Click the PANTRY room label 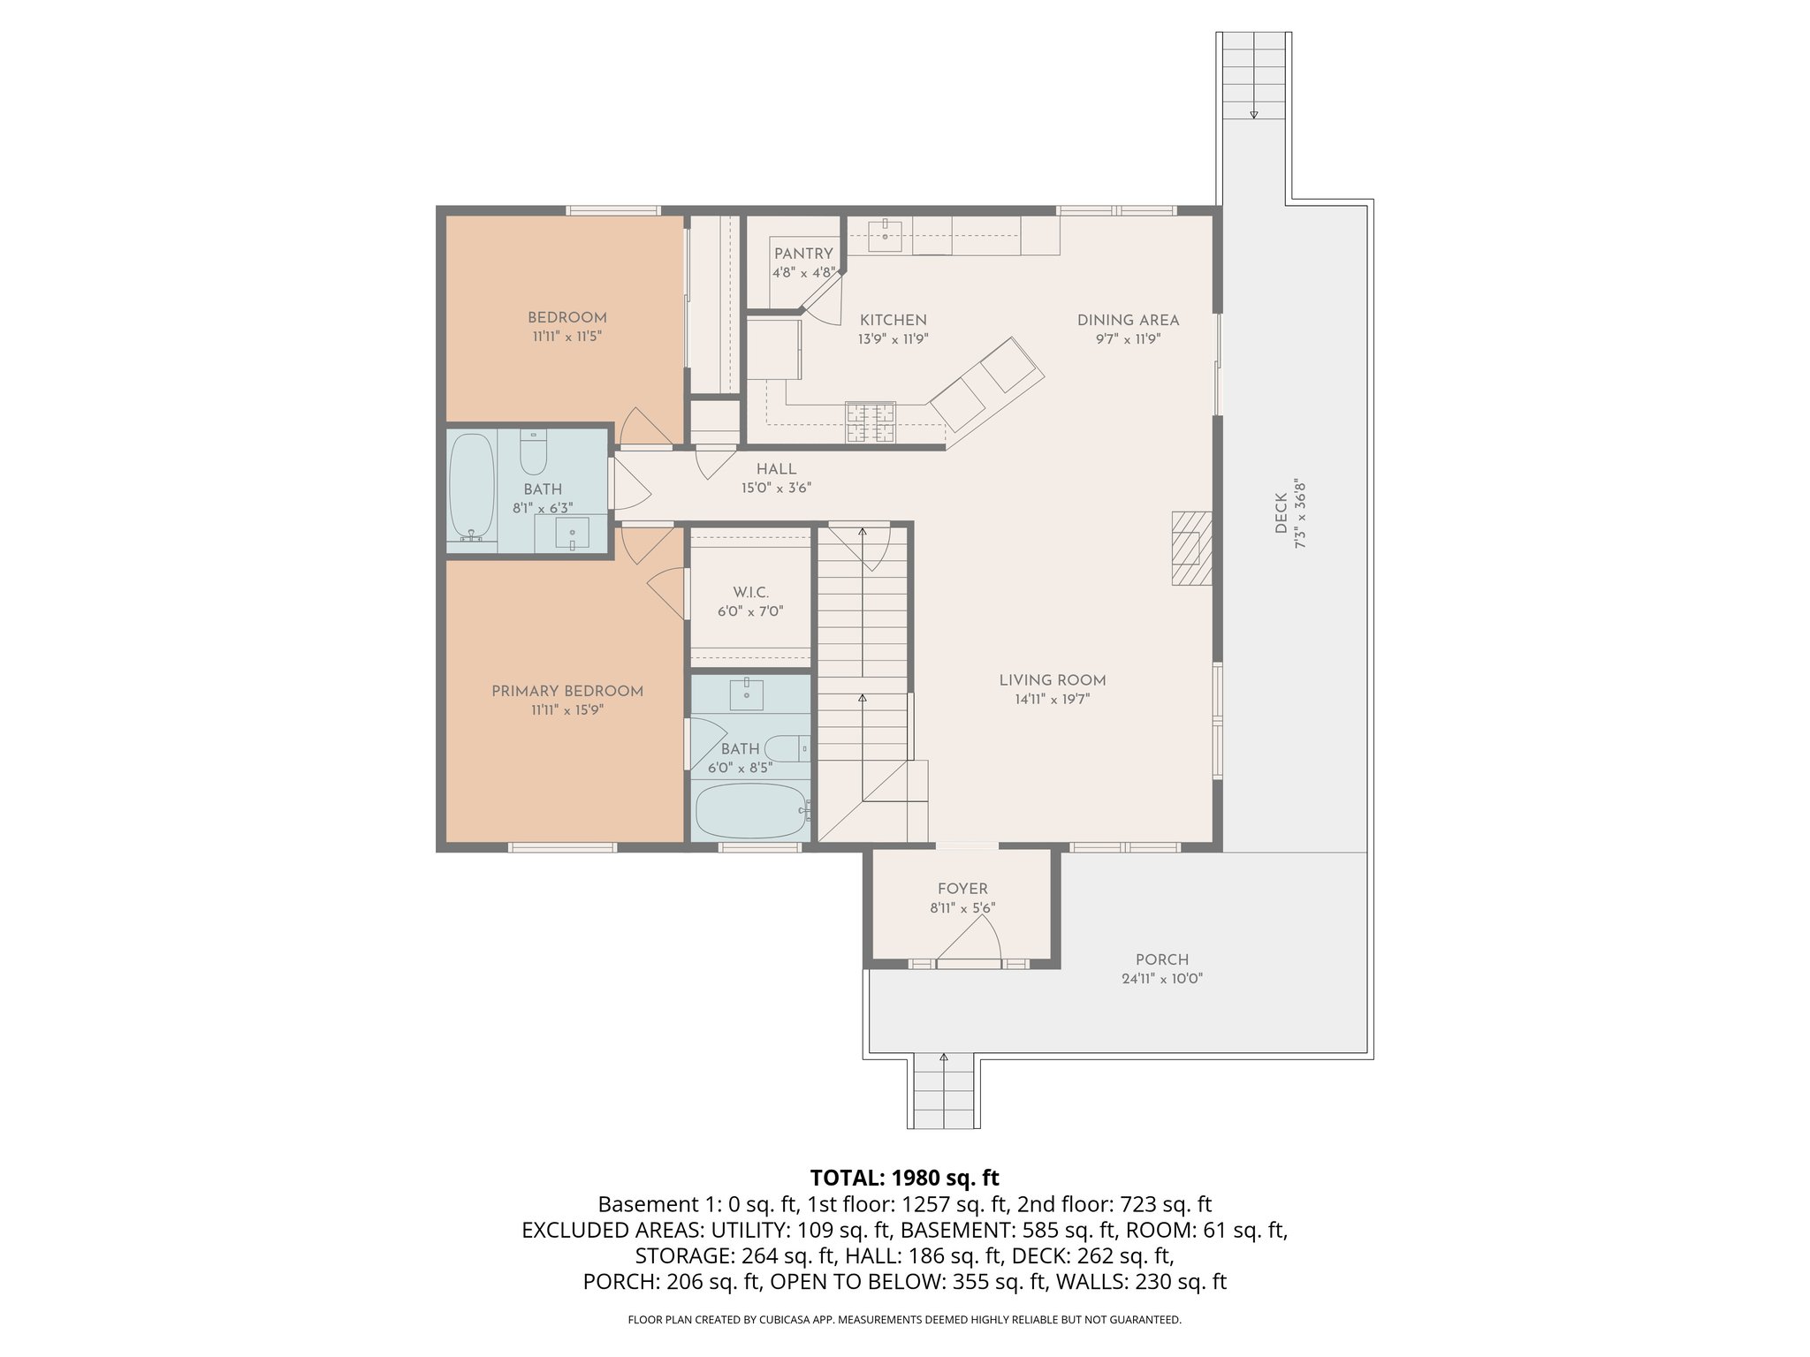pos(803,254)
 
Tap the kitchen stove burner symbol pos(871,422)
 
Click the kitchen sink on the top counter pos(885,233)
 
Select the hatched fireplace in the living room pos(1190,548)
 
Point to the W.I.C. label pos(750,592)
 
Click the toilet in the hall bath pos(533,453)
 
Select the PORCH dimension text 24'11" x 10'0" pos(1161,978)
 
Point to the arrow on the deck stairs pos(1253,114)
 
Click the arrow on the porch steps pos(944,1057)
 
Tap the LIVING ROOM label pos(1052,680)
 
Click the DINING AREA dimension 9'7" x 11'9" pos(1128,338)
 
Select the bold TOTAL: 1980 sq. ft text pos(904,1178)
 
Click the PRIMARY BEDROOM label pos(567,691)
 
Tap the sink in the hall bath pos(572,533)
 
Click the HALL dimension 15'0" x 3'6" pos(776,488)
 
